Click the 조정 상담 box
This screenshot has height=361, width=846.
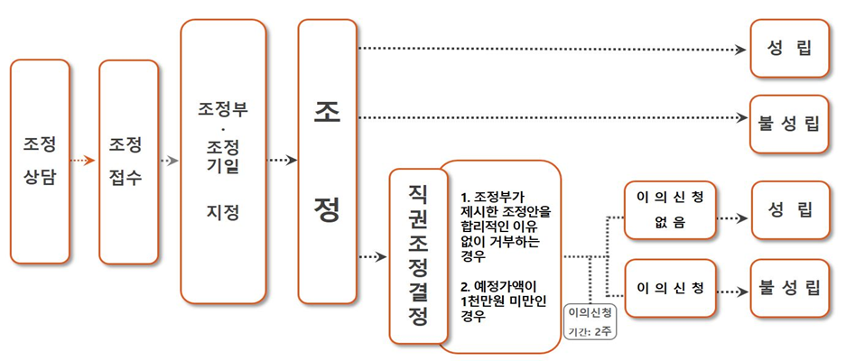40,161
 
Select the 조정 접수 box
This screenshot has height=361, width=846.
128,161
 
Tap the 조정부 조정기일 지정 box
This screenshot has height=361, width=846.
223,161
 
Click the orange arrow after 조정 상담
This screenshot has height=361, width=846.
82,161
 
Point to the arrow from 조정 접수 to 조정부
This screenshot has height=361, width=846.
169,161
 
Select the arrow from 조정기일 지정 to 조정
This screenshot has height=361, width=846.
283,161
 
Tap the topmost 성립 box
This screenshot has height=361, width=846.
789,47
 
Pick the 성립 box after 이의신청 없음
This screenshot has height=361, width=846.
789,209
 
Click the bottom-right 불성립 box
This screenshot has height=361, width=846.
789,288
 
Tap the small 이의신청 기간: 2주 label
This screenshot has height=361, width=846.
592,321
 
